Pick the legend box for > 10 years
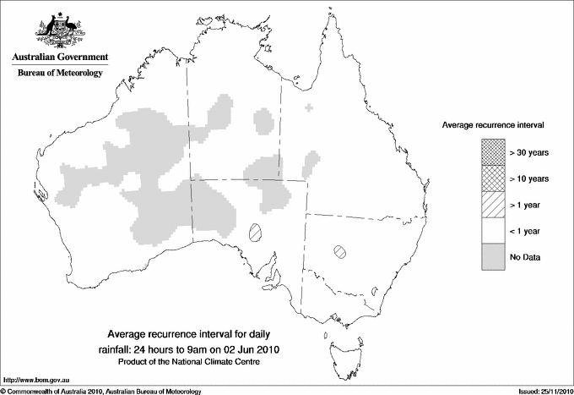tap(493, 178)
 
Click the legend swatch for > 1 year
tap(493, 204)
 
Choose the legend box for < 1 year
tap(493, 230)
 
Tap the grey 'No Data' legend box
tap(493, 256)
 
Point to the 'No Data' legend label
tap(524, 256)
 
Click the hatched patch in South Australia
tap(256, 230)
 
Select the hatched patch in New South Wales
tap(340, 250)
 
